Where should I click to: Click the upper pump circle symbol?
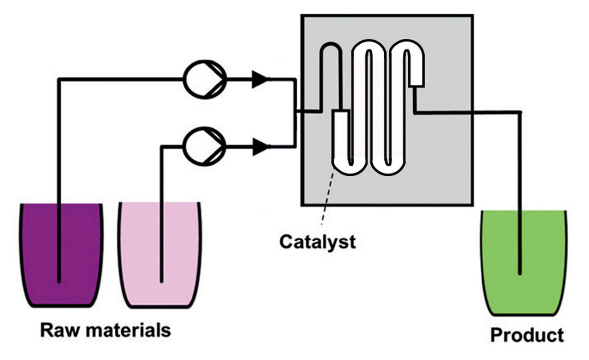(205, 79)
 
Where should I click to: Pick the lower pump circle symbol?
(205, 147)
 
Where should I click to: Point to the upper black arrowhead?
(260, 79)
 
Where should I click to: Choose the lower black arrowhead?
(260, 147)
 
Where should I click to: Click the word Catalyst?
(318, 241)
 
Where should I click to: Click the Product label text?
(526, 335)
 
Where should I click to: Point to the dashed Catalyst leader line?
(327, 198)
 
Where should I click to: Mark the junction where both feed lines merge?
(294, 112)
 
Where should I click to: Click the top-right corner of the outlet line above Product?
(520, 112)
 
